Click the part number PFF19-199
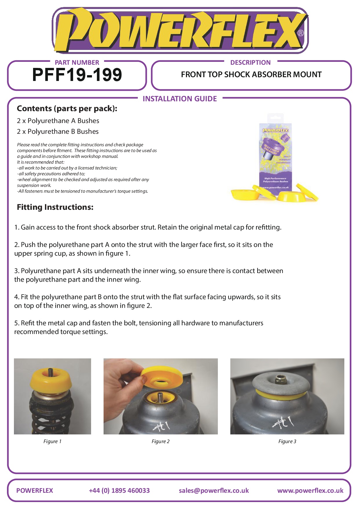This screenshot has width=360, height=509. [x=77, y=75]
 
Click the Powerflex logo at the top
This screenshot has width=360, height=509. [x=180, y=30]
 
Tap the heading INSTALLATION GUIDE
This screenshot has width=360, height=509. [x=180, y=99]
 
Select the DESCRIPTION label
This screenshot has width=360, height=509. [x=250, y=62]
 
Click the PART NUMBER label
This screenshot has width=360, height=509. [x=77, y=62]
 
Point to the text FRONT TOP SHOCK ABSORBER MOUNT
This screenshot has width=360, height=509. [x=251, y=75]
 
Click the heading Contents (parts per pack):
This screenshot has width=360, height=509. [x=67, y=109]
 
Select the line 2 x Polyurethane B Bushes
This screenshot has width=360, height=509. [x=58, y=131]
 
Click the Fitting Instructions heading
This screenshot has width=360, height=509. [x=55, y=207]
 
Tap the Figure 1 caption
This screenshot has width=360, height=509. [x=52, y=441]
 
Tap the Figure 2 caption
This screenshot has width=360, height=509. [x=160, y=441]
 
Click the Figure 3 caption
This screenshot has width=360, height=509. [x=287, y=441]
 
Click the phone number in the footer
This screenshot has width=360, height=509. [x=119, y=490]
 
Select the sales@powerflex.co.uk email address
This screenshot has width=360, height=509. [x=214, y=490]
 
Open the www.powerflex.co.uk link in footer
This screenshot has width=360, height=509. [x=310, y=490]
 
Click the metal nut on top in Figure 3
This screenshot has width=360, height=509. [x=280, y=379]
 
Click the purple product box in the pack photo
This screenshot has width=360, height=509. [x=275, y=157]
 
